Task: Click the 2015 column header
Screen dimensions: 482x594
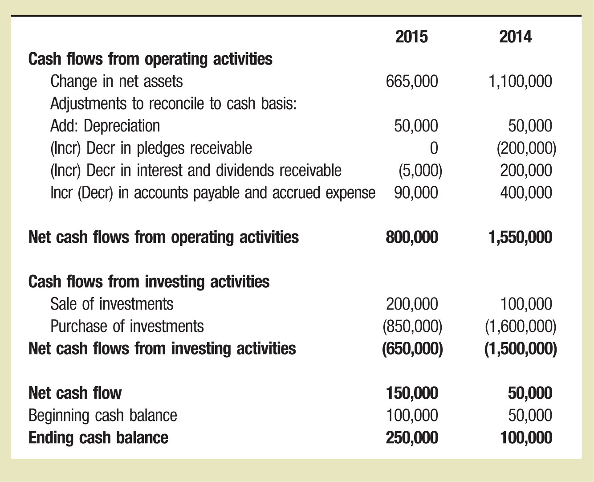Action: coord(411,37)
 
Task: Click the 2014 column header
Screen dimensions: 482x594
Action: coord(515,37)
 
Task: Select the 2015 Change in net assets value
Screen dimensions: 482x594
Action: coord(412,81)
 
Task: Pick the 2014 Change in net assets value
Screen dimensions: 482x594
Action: coord(520,81)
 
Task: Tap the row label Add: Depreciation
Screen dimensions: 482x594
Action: coord(105,126)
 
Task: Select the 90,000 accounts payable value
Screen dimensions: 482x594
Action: coord(416,192)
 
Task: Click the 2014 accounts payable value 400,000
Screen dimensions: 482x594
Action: coord(526,192)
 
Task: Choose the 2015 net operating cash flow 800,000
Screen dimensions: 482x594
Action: coord(412,237)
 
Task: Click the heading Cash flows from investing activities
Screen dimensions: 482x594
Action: coord(149,282)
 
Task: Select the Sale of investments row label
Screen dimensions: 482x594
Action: coord(112,304)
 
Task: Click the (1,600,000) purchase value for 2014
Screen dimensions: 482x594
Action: coord(520,327)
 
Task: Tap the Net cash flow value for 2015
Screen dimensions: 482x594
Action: coord(412,393)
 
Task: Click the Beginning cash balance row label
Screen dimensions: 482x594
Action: coord(102,415)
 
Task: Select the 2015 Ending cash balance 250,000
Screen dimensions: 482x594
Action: coord(412,437)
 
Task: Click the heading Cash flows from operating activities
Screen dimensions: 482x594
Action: coord(150,59)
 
